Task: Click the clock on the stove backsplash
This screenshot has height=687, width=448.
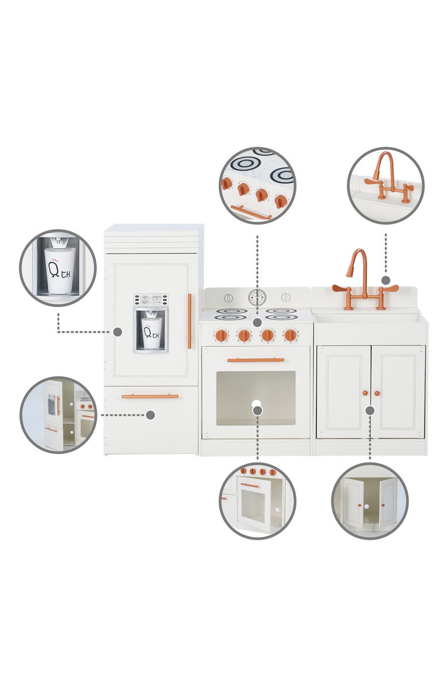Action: click(257, 297)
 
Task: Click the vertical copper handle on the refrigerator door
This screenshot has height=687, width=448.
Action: click(190, 321)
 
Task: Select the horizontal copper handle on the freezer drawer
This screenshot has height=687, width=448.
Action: click(150, 396)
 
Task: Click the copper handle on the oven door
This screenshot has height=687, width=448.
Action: click(256, 360)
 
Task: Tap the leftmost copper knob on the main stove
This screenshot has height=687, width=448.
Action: click(221, 335)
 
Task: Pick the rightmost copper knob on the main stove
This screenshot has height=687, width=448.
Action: click(291, 335)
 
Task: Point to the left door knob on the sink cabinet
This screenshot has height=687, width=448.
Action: click(365, 393)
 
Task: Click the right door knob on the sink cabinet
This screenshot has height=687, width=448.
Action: click(377, 393)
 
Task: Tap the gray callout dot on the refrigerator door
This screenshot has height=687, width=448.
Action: click(118, 331)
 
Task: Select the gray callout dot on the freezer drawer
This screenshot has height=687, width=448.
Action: click(150, 415)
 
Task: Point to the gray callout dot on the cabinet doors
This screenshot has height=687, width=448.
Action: click(370, 410)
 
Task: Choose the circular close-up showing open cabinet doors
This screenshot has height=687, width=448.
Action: click(370, 500)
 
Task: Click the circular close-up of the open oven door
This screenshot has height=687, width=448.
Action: click(257, 500)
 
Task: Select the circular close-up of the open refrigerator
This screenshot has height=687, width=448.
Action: click(58, 415)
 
